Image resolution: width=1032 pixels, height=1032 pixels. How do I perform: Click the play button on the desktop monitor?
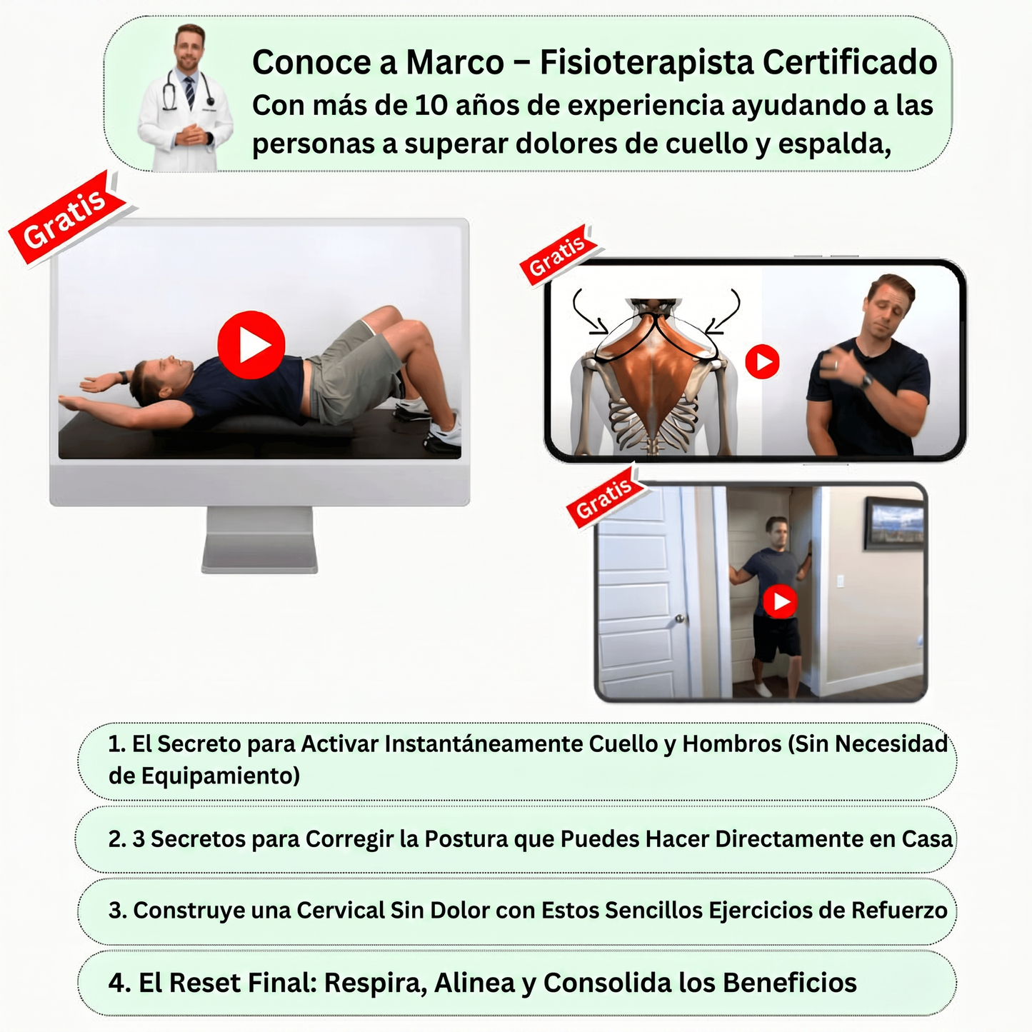(251, 345)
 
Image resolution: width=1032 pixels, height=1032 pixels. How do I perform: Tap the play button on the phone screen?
(762, 361)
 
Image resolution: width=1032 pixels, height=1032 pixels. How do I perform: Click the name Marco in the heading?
(455, 62)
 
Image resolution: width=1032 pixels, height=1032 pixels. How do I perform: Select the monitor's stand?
(260, 540)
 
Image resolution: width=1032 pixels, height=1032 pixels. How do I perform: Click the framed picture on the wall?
(894, 523)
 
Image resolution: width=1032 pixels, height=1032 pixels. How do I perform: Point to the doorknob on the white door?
(680, 619)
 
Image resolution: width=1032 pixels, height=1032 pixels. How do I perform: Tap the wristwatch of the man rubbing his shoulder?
(866, 382)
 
